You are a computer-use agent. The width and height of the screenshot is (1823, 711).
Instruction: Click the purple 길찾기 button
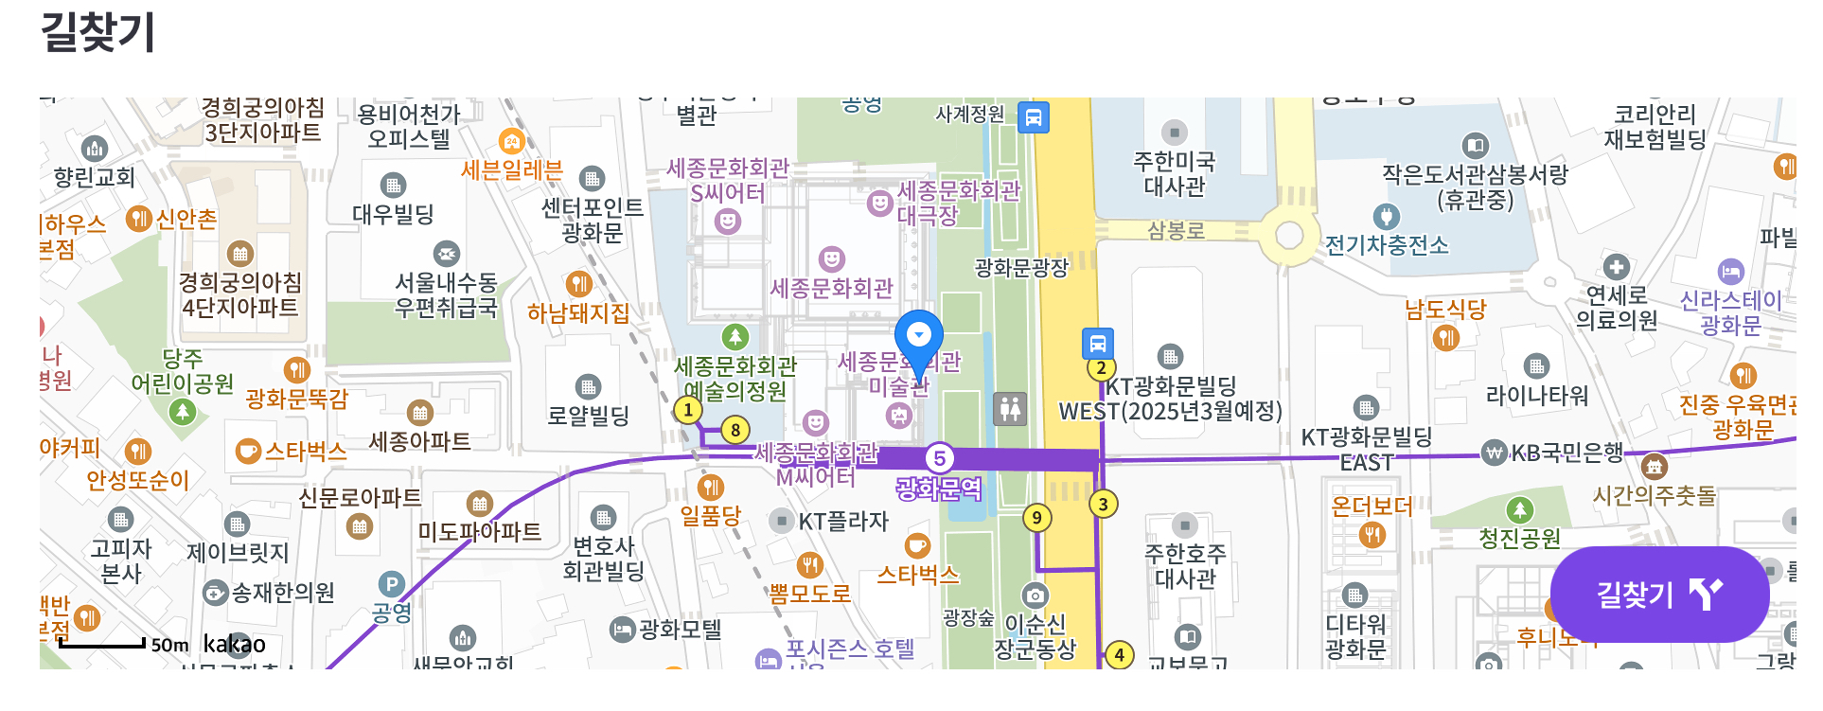(x=1659, y=595)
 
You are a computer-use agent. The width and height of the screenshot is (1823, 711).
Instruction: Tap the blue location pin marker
(x=918, y=337)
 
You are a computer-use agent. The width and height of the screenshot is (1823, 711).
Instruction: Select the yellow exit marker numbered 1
(x=688, y=410)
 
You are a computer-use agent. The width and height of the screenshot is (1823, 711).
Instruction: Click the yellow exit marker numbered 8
(x=735, y=430)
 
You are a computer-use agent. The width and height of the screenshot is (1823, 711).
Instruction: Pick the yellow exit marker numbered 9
(x=1036, y=518)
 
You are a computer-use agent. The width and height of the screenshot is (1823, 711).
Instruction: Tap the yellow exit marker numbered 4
(x=1119, y=654)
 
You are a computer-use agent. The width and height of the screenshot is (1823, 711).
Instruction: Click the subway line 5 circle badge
(x=939, y=458)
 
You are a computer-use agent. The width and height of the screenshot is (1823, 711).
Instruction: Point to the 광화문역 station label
(x=939, y=489)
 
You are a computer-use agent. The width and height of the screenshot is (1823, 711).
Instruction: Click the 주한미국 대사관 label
(x=1174, y=174)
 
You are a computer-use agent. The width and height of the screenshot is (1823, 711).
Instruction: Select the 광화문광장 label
(x=1021, y=268)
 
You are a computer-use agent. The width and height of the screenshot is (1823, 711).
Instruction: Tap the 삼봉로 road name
(x=1176, y=230)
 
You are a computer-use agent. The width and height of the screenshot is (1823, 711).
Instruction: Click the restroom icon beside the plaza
(x=1010, y=408)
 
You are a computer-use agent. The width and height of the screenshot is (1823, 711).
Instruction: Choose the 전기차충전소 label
(x=1386, y=245)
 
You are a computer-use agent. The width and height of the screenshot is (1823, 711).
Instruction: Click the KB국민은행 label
(x=1566, y=453)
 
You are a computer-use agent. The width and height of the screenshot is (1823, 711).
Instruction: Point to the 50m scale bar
(x=103, y=645)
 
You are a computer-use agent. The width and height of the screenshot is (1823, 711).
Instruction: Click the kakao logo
(x=234, y=645)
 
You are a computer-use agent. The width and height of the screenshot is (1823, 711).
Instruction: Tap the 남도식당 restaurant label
(x=1444, y=310)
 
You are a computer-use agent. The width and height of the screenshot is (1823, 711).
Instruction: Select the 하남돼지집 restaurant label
(x=577, y=312)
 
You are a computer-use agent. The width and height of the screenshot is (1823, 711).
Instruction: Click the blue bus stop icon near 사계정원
(x=1033, y=117)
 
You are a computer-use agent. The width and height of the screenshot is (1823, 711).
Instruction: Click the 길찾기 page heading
(x=98, y=32)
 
